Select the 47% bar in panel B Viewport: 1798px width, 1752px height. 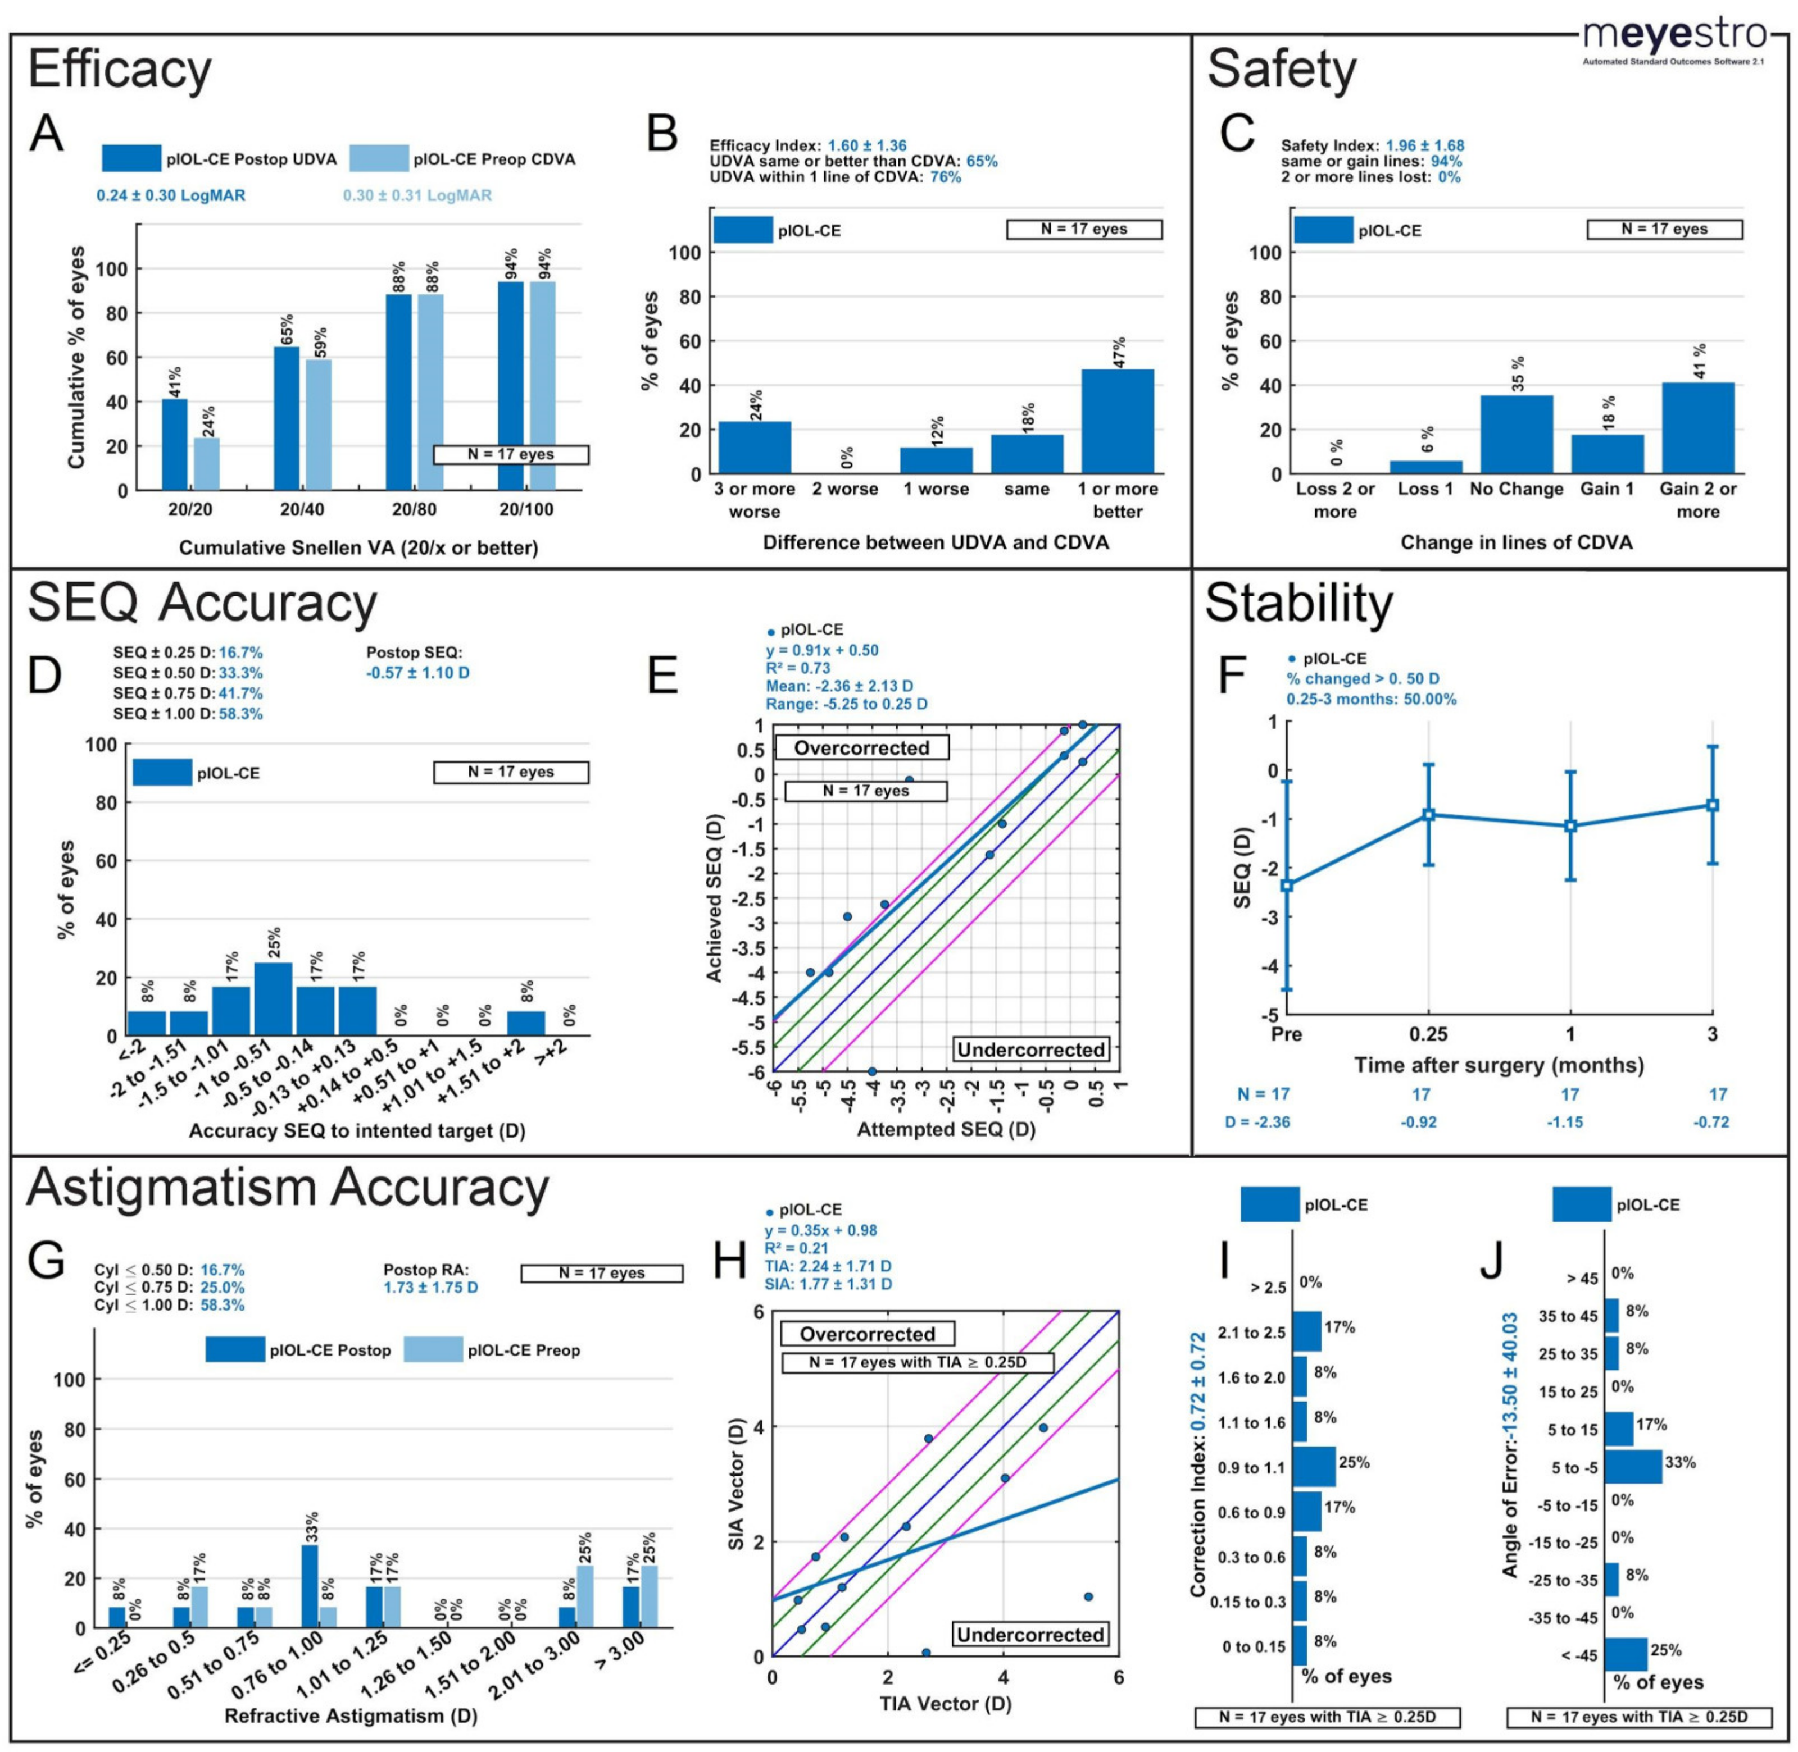pyautogui.click(x=1117, y=422)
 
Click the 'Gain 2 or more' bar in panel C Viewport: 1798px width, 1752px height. pyautogui.click(x=1697, y=428)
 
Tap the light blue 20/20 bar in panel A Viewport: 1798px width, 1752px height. pyautogui.click(x=206, y=464)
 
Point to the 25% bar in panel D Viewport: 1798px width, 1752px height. pyautogui.click(x=274, y=998)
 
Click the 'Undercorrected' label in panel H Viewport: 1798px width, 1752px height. pyautogui.click(x=1029, y=1634)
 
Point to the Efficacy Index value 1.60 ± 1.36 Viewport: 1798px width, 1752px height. pyautogui.click(x=866, y=145)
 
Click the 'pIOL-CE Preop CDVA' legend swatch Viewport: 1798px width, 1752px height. pyautogui.click(x=378, y=158)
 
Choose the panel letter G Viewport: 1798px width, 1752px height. pyautogui.click(x=46, y=1261)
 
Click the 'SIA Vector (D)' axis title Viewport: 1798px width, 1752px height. pyautogui.click(x=737, y=1484)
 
